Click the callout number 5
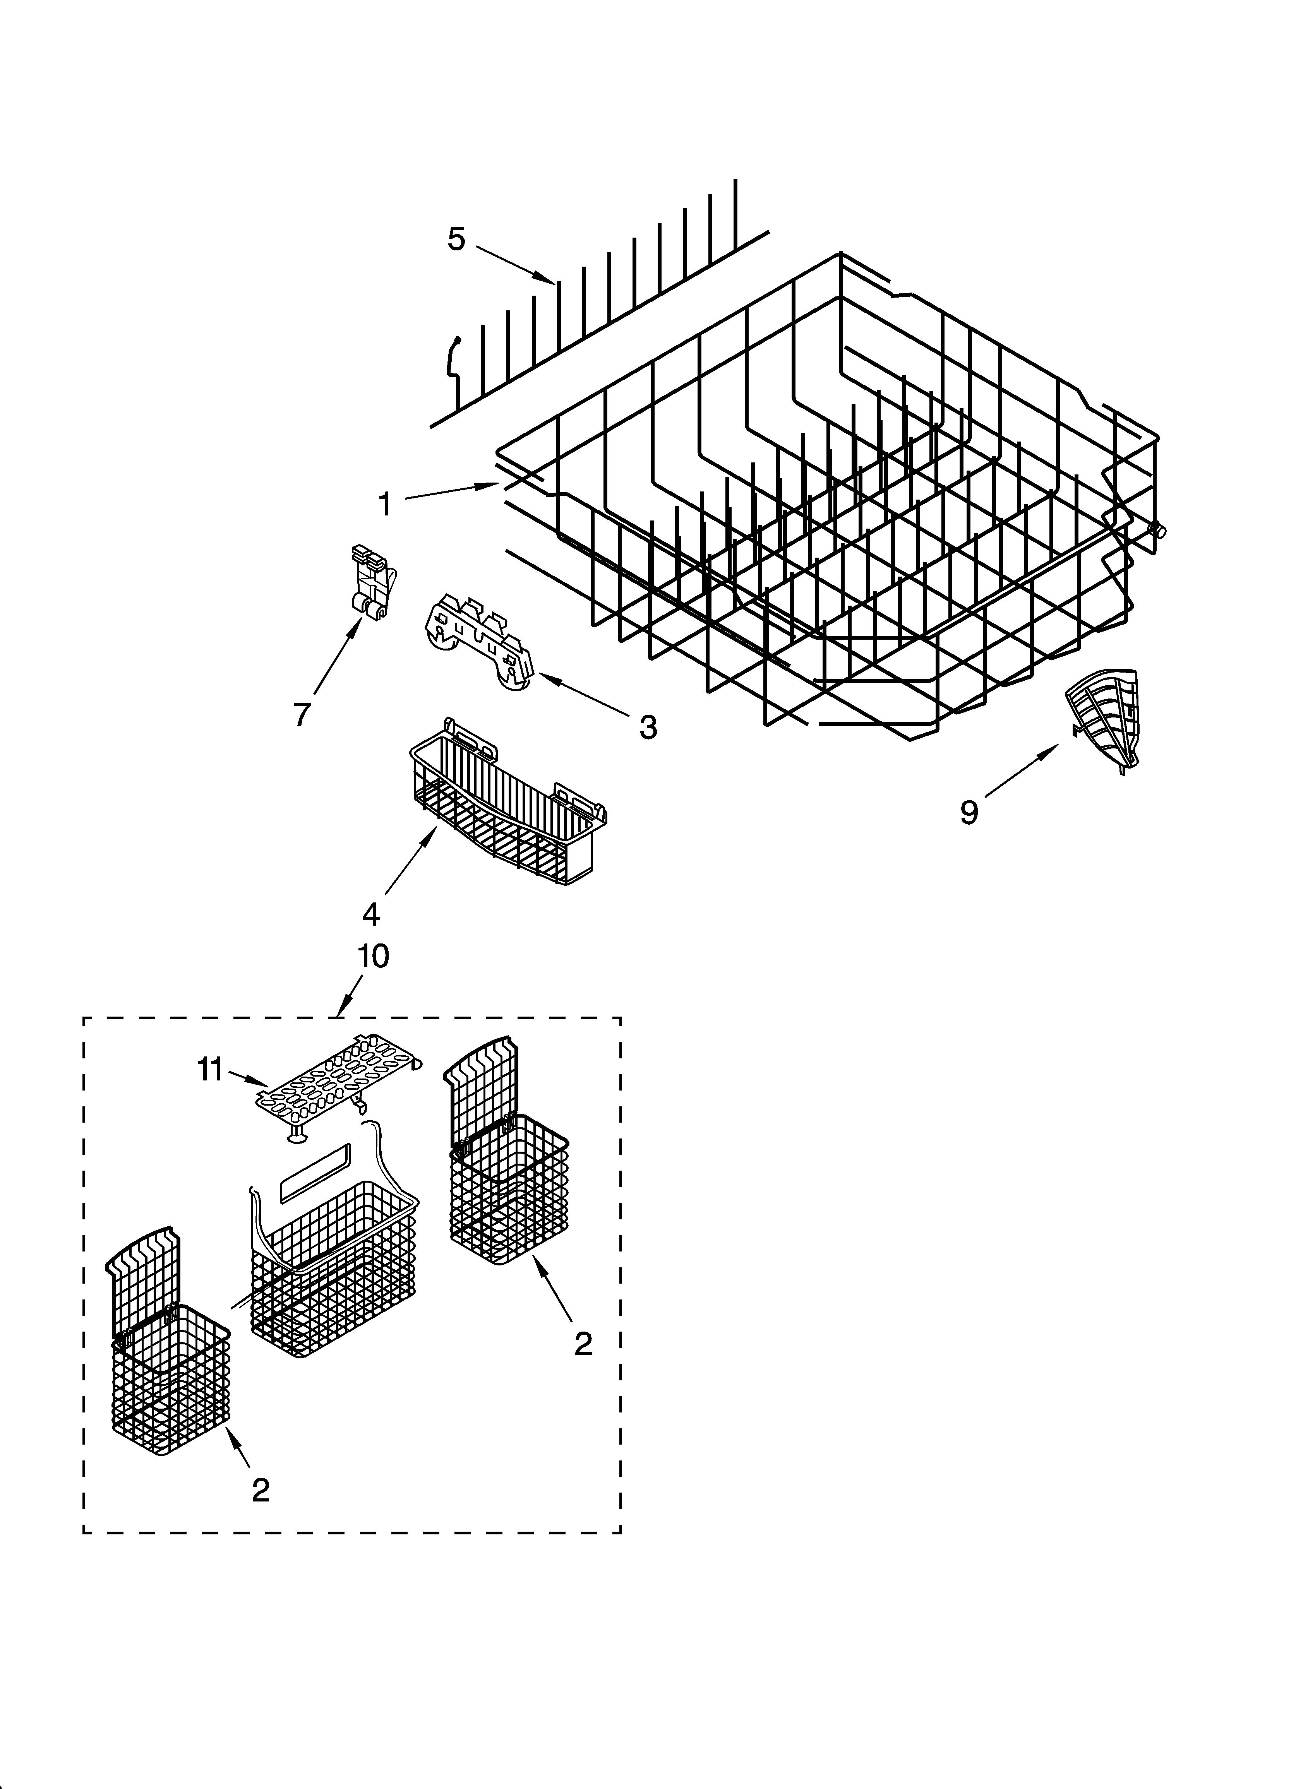click(x=456, y=238)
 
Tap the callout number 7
click(x=302, y=714)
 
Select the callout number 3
click(x=647, y=727)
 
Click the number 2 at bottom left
click(x=261, y=1489)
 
